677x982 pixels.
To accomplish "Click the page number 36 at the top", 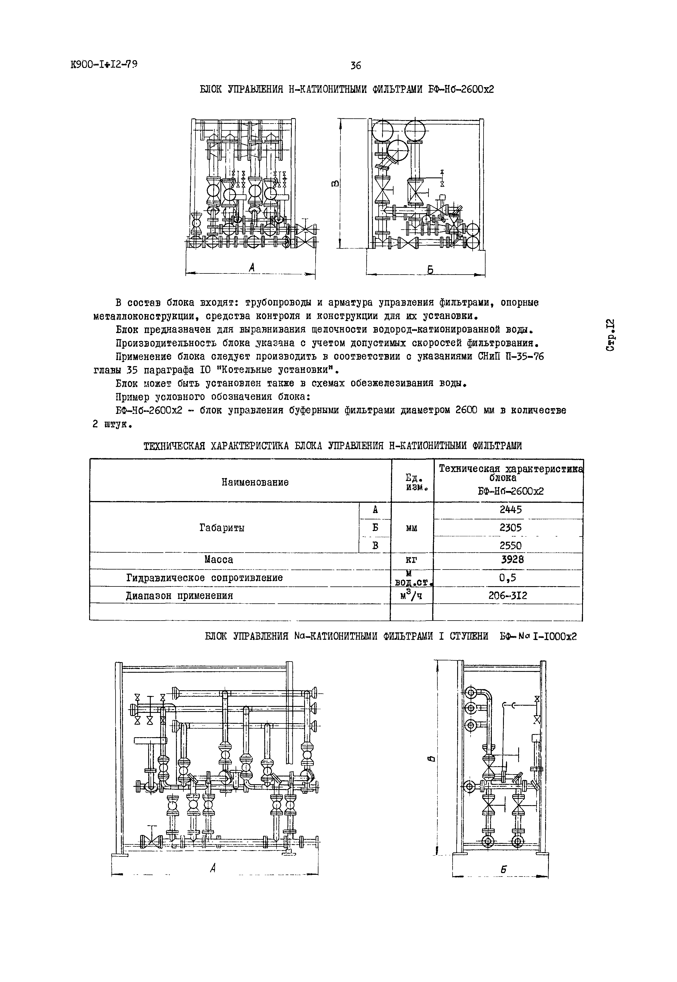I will pyautogui.click(x=355, y=66).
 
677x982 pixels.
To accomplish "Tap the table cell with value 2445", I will pyautogui.click(x=510, y=510).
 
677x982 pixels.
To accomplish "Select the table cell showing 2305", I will pyautogui.click(x=510, y=528).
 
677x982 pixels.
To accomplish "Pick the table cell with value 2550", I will pyautogui.click(x=510, y=545).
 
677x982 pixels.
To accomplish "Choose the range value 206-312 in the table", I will pyautogui.click(x=508, y=596).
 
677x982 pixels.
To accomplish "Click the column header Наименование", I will pyautogui.click(x=255, y=482).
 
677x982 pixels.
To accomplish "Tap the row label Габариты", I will pyautogui.click(x=222, y=528).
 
